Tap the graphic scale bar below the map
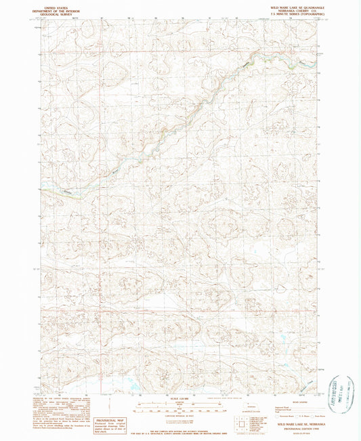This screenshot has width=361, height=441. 180,409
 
